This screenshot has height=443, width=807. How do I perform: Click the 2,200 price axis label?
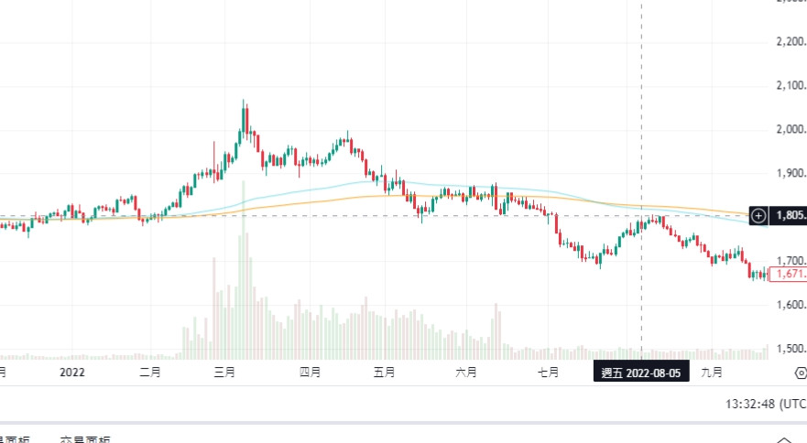click(789, 42)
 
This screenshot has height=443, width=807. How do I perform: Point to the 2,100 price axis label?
click(789, 86)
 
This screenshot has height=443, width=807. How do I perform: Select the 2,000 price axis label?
click(789, 130)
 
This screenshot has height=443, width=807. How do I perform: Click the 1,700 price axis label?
click(789, 261)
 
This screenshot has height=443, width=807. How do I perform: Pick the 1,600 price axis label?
click(789, 305)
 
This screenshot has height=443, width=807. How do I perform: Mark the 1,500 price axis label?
click(789, 349)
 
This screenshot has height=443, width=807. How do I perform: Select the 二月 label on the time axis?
click(150, 373)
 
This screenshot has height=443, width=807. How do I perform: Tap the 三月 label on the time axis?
click(224, 373)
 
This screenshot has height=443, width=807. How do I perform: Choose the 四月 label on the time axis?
click(310, 373)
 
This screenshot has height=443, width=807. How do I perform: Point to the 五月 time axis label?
click(385, 373)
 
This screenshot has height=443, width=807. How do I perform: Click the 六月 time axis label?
click(465, 373)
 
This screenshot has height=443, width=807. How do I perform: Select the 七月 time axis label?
click(548, 373)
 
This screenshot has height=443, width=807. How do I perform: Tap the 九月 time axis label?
click(712, 373)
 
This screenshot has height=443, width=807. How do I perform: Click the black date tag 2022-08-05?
click(640, 373)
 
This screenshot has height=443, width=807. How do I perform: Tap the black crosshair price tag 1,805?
click(789, 216)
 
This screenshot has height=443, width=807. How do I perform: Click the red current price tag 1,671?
click(789, 274)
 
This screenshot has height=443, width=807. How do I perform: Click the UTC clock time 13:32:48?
click(764, 404)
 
